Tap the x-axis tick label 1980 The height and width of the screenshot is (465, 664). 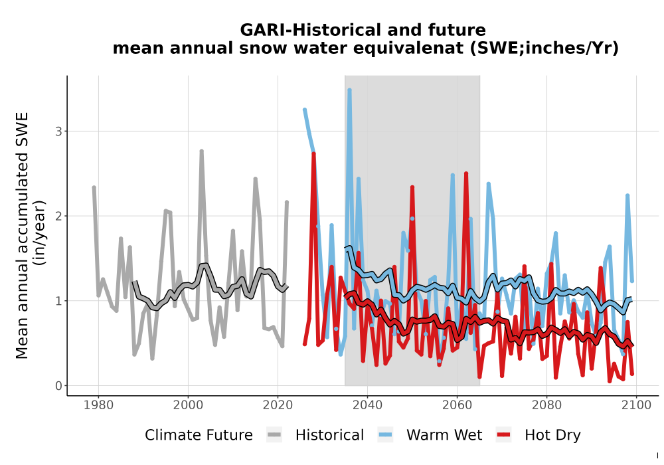coord(99,405)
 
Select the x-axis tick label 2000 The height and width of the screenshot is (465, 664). coord(188,405)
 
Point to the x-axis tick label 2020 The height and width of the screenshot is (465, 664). coord(278,405)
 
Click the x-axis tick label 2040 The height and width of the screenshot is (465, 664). coord(368,405)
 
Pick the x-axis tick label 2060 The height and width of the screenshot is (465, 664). coord(457,405)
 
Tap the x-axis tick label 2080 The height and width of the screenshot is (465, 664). coord(546,405)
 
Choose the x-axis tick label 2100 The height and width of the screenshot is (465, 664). coord(637,405)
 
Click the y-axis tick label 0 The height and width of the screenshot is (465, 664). coord(58,386)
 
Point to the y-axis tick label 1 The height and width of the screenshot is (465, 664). coord(58,301)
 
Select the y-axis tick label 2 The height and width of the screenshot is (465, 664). coord(58,216)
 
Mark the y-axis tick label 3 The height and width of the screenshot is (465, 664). coord(58,132)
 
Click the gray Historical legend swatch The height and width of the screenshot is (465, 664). coord(274,435)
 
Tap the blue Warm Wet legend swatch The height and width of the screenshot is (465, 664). coord(385,435)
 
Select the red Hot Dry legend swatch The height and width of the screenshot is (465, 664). coord(503,435)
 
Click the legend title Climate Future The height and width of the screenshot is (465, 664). coord(199,435)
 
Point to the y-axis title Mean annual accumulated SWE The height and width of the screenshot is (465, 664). coord(22,235)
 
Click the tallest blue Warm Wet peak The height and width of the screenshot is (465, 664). coord(349,90)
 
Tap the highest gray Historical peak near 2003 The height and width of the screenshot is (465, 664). coord(202,151)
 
